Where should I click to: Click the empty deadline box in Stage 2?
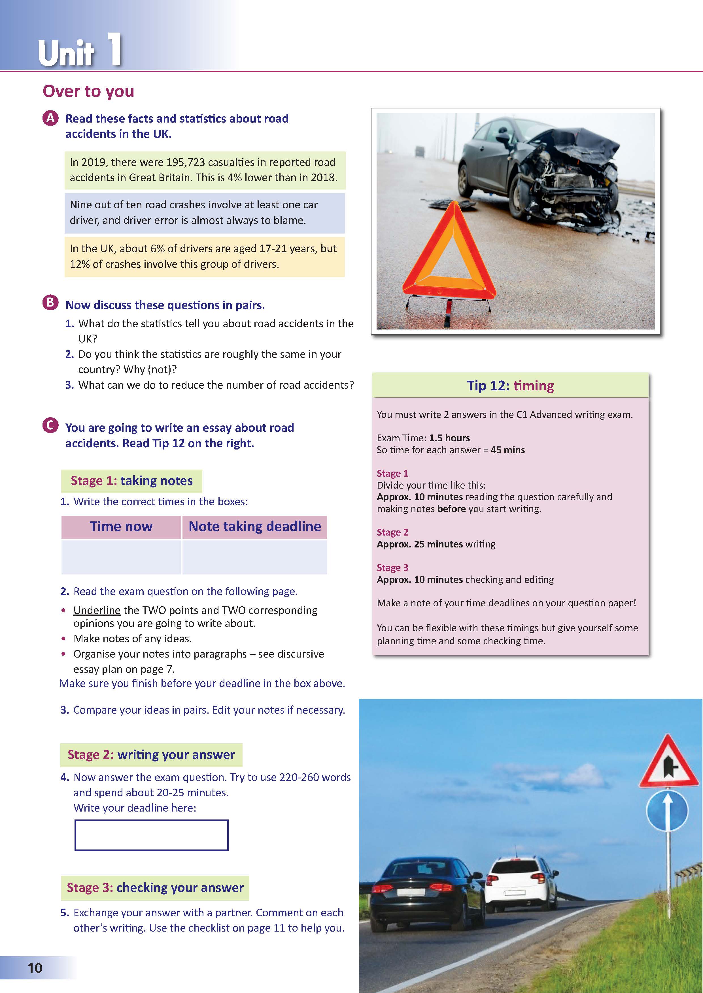click(152, 835)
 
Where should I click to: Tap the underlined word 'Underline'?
click(97, 610)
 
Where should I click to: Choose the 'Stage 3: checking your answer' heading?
click(155, 887)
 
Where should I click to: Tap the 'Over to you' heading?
click(88, 91)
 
